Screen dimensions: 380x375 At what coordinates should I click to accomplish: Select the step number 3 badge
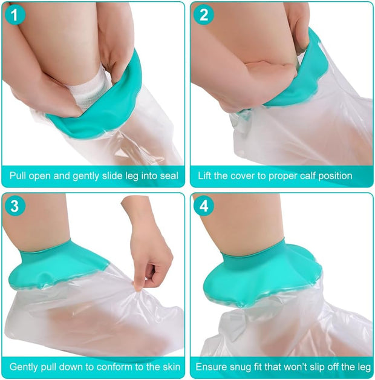pyautogui.click(x=16, y=206)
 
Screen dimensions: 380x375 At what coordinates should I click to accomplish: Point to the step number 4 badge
pyautogui.click(x=205, y=206)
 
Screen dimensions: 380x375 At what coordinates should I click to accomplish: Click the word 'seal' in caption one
pyautogui.click(x=168, y=176)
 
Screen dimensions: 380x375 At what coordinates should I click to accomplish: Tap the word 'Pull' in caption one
pyautogui.click(x=19, y=176)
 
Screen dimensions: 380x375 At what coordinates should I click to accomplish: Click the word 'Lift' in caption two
pyautogui.click(x=207, y=176)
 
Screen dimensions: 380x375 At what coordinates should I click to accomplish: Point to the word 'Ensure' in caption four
pyautogui.click(x=210, y=367)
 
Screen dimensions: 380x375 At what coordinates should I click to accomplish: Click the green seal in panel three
pyautogui.click(x=73, y=257)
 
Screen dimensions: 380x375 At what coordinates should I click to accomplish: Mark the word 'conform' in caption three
pyautogui.click(x=103, y=367)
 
